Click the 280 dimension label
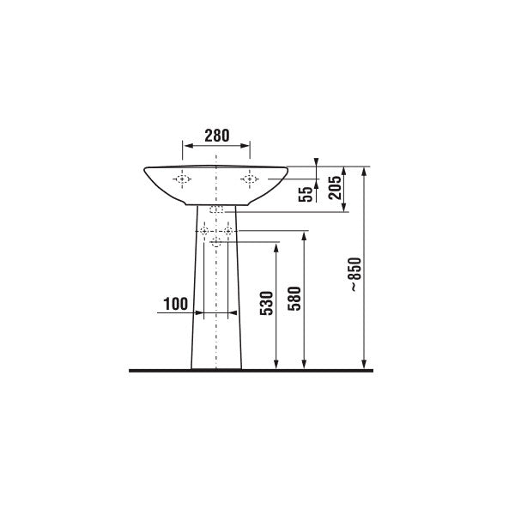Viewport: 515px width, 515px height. pyautogui.click(x=217, y=136)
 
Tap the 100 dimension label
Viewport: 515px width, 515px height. pyautogui.click(x=176, y=304)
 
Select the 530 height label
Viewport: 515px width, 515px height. pyautogui.click(x=267, y=303)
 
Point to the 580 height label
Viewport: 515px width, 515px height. pyautogui.click(x=294, y=299)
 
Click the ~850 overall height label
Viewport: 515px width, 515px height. pyautogui.click(x=355, y=275)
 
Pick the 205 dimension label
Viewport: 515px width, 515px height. pyautogui.click(x=335, y=187)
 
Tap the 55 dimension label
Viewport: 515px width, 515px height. pyautogui.click(x=305, y=195)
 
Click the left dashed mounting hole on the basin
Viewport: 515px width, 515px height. pyautogui.click(x=182, y=179)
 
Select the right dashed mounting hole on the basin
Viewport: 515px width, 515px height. pyautogui.click(x=250, y=179)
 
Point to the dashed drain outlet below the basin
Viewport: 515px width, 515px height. pyautogui.click(x=216, y=209)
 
